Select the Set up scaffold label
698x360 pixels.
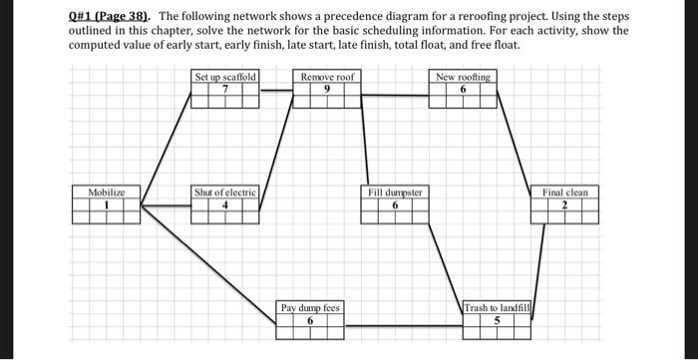(x=225, y=77)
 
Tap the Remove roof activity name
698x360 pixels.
(x=327, y=77)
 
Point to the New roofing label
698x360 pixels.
(x=463, y=77)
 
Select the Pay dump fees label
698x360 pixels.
(x=310, y=308)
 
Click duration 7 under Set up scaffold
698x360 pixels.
(x=225, y=88)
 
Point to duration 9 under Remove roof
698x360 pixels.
(x=326, y=88)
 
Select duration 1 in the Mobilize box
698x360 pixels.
(x=106, y=205)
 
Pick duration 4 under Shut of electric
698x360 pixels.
(x=225, y=205)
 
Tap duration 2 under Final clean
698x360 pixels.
(x=564, y=205)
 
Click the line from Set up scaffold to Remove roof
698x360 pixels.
(x=277, y=91)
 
